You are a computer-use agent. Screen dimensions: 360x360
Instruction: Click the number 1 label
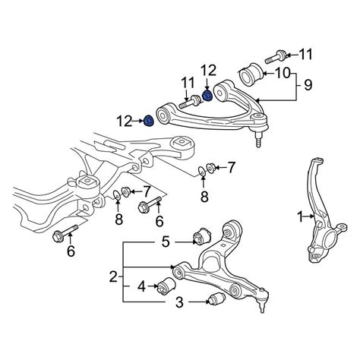click(x=301, y=216)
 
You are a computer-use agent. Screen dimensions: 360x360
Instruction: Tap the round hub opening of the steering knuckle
click(x=331, y=239)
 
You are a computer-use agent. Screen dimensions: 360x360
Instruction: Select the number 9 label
click(x=308, y=85)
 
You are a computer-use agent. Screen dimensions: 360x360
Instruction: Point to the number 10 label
click(x=283, y=73)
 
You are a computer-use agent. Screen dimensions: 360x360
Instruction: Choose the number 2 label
click(x=113, y=276)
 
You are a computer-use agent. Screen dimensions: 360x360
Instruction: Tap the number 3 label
click(x=179, y=302)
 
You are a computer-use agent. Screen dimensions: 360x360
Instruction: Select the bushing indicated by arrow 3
click(x=216, y=300)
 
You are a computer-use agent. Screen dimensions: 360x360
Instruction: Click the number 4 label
click(x=142, y=286)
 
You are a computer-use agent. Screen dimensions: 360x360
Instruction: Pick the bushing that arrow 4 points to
click(x=167, y=286)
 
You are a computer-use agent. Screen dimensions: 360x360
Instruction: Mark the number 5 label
click(x=166, y=242)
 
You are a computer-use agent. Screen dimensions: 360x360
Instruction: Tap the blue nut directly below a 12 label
click(x=207, y=96)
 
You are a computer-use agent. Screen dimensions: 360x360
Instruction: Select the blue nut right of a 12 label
click(x=149, y=122)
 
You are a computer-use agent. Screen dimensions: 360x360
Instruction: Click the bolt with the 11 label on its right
click(x=276, y=57)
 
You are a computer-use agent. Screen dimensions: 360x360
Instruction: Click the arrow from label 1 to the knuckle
click(x=309, y=216)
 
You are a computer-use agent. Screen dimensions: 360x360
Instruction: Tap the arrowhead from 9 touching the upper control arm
click(x=257, y=100)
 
